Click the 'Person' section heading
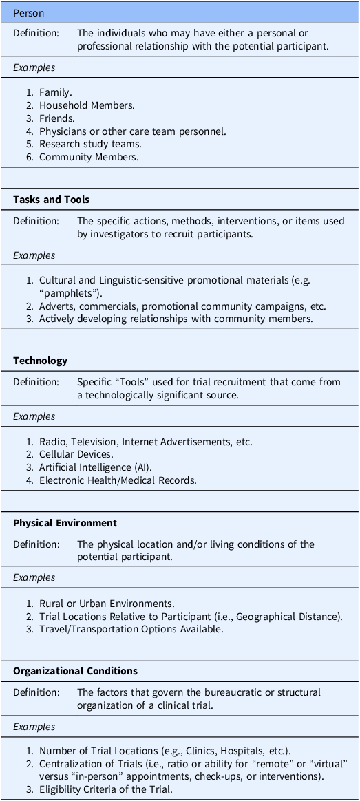pyautogui.click(x=28, y=14)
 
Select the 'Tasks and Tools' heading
pyautogui.click(x=51, y=200)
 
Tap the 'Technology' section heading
pyautogui.click(x=40, y=361)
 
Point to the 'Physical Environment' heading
pyautogui.click(x=65, y=523)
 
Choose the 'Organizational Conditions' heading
pyautogui.click(x=75, y=671)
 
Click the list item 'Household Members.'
pyautogui.click(x=87, y=105)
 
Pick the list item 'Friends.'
pyautogui.click(x=57, y=118)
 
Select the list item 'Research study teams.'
pyautogui.click(x=90, y=144)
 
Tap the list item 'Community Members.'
pyautogui.click(x=89, y=157)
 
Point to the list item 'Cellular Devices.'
pyautogui.click(x=76, y=454)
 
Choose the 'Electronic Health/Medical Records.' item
pyautogui.click(x=118, y=480)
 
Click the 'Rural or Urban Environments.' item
pyautogui.click(x=107, y=604)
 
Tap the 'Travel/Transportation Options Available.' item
pyautogui.click(x=131, y=629)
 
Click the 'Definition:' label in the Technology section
pyautogui.click(x=36, y=382)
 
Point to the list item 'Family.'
pyautogui.click(x=56, y=92)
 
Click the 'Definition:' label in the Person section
pyautogui.click(x=36, y=33)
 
